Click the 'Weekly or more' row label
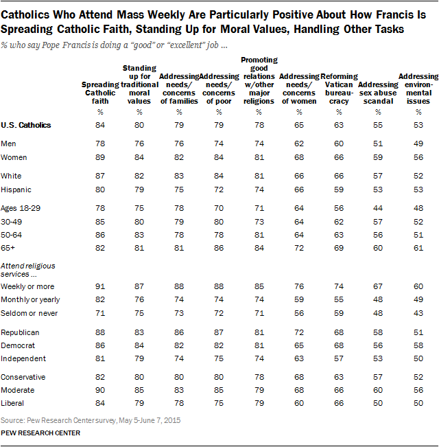click(27, 286)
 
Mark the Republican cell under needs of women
click(300, 331)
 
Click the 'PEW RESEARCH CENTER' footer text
click(41, 433)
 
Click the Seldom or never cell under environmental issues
click(418, 312)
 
